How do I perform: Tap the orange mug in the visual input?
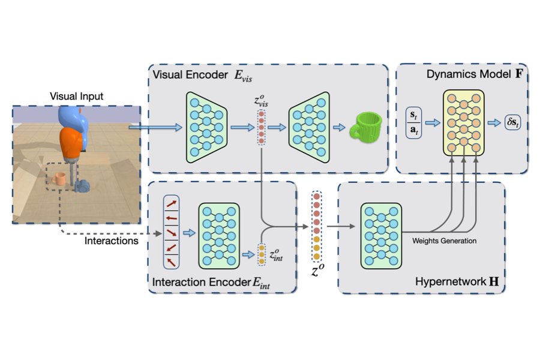coord(59,179)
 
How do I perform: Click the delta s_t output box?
coord(514,122)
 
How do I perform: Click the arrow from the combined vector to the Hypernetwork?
coord(339,227)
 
